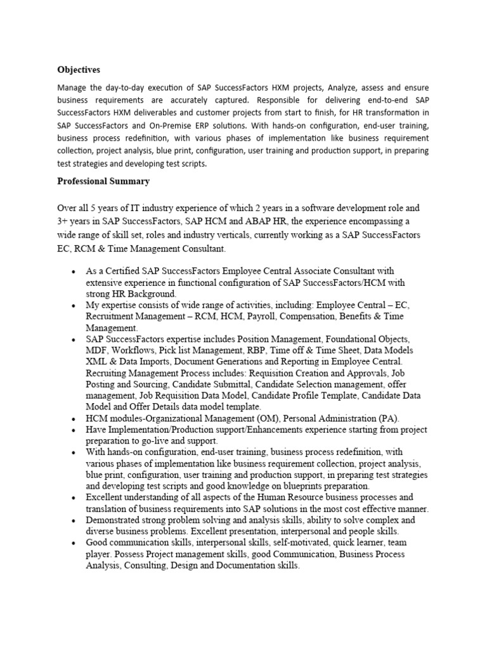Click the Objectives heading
tap(79, 69)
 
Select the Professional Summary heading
tap(103, 181)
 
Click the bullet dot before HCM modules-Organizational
tap(74, 419)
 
